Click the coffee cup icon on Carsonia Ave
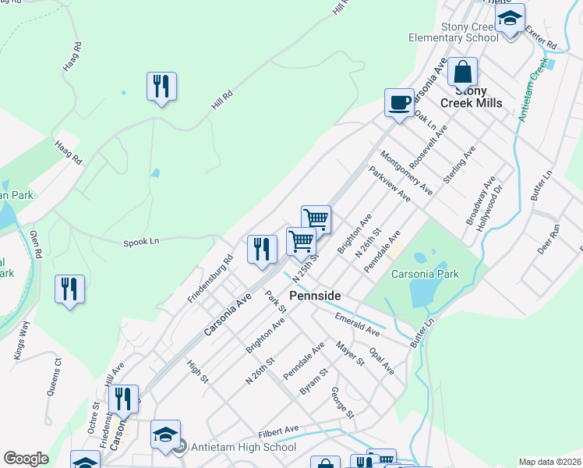point(399,102)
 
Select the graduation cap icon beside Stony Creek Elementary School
point(511,18)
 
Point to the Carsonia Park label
point(424,274)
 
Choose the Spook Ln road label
point(141,242)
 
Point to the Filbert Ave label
point(279,430)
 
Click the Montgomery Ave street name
point(405,172)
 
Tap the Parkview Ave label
point(389,185)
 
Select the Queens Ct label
point(53,377)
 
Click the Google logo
point(26,459)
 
